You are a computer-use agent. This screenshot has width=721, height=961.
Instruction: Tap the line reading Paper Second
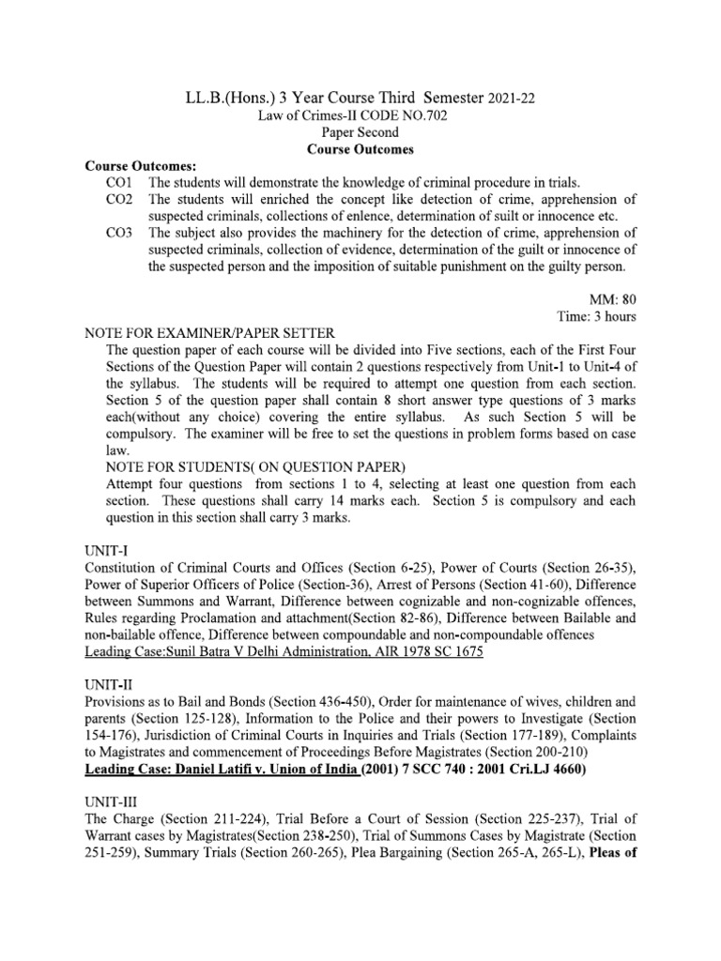point(360,132)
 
